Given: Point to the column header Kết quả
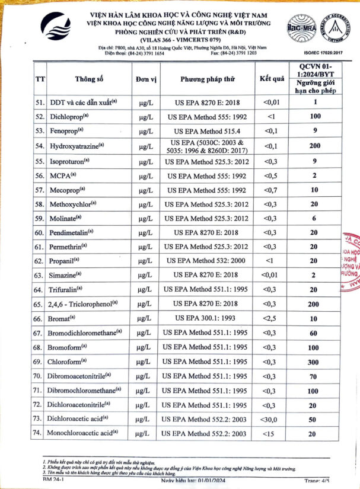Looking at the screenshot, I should [272, 79].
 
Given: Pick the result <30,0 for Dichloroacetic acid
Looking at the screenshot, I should [270, 418].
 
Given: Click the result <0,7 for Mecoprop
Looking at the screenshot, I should [270, 189].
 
